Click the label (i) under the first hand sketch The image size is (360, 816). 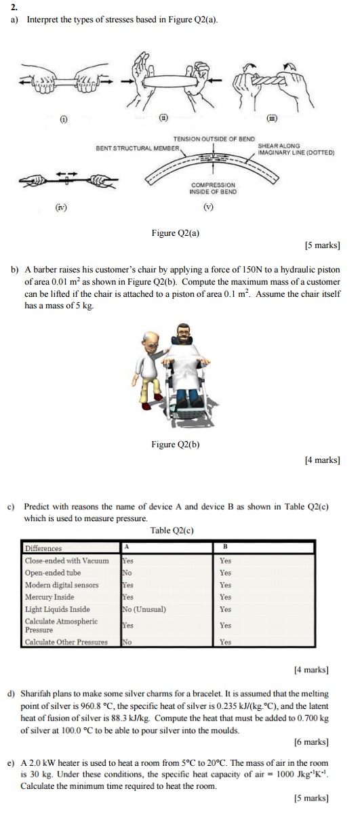64,119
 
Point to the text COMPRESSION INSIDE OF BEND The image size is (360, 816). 214,188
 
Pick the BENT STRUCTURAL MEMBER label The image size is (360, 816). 138,148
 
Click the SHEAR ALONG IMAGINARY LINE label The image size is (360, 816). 296,149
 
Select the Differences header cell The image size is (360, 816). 43,548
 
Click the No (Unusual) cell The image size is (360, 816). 144,609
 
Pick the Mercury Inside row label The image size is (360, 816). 49,597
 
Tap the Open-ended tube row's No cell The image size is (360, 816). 126,573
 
